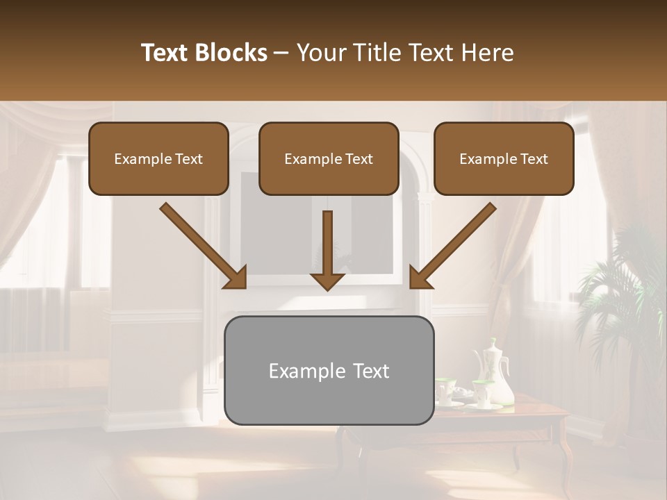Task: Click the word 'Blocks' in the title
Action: (231, 53)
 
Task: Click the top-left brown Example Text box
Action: (158, 158)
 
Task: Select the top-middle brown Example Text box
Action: (329, 158)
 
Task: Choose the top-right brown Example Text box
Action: (504, 158)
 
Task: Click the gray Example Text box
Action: (329, 370)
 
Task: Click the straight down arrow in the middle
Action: (327, 250)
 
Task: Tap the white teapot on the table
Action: (495, 375)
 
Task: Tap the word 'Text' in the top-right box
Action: (534, 159)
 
